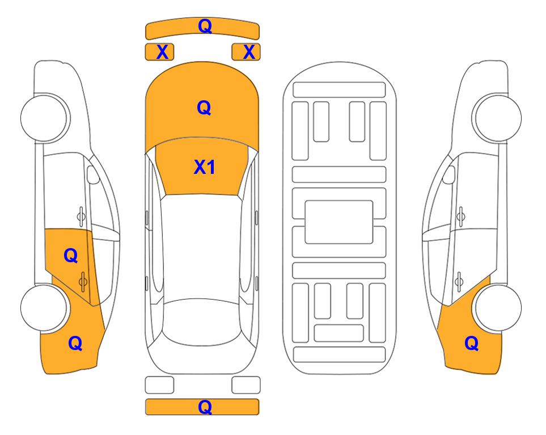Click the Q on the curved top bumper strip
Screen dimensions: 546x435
[x=205, y=25]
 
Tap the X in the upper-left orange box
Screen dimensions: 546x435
[x=162, y=52]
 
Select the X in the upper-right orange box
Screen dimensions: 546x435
[x=249, y=52]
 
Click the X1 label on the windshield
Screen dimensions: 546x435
[x=205, y=167]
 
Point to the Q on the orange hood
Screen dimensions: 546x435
[x=204, y=108]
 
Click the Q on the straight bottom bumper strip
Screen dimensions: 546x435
[x=205, y=407]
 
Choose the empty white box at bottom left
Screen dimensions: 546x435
[x=159, y=385]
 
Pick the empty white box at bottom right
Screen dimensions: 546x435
[x=246, y=385]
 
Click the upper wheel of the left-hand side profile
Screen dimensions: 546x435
[x=44, y=118]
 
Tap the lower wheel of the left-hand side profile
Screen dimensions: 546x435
[x=44, y=308]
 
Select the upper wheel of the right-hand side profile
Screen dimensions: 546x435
[x=498, y=118]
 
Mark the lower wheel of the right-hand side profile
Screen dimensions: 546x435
[x=498, y=308]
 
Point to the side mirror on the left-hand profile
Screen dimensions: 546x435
[x=93, y=174]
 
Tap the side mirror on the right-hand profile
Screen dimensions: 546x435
[x=449, y=174]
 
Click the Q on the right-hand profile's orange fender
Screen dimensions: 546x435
[x=472, y=343]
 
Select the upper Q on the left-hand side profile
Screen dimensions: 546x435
[x=71, y=255]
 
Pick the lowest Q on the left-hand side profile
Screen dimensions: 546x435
[x=75, y=343]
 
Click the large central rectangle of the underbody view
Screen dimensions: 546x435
[x=339, y=222]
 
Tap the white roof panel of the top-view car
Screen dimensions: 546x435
[x=201, y=248]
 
